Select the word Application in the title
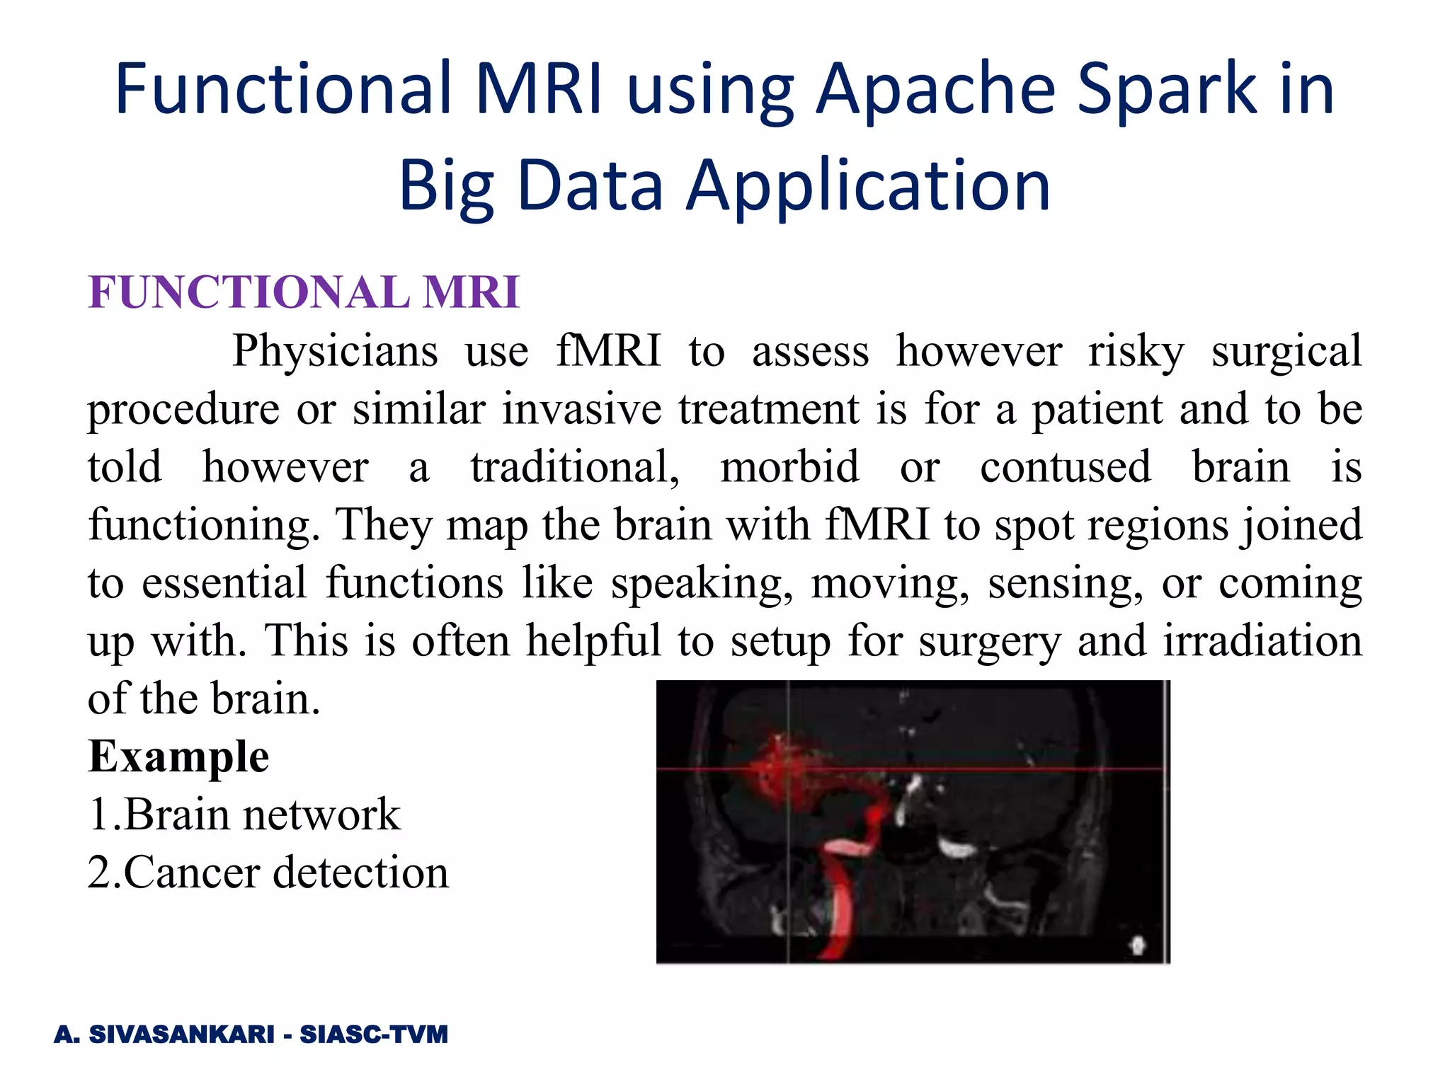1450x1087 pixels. [x=869, y=185]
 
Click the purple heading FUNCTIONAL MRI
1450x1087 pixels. [x=304, y=292]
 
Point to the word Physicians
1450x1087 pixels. [x=335, y=351]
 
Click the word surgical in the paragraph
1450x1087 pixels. [x=1286, y=351]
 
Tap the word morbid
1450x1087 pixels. [x=789, y=467]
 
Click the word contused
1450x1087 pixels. [x=1066, y=467]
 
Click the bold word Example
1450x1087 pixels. [x=178, y=757]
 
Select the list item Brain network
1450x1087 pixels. [x=244, y=815]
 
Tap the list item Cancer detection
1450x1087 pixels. [x=268, y=873]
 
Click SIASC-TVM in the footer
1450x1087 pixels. [x=374, y=1035]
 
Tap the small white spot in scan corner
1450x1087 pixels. [x=1138, y=944]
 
